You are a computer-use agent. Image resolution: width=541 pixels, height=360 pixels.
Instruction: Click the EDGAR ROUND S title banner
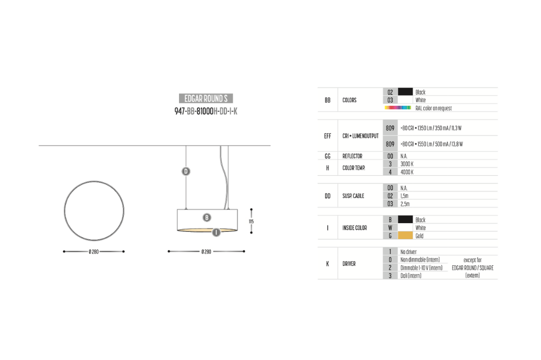[206, 98]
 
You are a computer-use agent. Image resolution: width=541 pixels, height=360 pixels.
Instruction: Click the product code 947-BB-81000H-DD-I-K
[206, 111]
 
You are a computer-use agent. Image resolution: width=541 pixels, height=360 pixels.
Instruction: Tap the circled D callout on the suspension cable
[186, 171]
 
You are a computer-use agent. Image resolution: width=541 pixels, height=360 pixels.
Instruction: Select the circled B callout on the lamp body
[207, 218]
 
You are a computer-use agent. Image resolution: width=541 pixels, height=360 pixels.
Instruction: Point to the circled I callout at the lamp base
[216, 232]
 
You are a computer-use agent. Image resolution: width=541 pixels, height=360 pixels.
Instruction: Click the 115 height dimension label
[251, 222]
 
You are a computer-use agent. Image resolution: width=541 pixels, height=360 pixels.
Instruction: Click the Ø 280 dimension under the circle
[94, 252]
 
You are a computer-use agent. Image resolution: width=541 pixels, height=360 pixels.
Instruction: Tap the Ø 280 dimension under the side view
[206, 252]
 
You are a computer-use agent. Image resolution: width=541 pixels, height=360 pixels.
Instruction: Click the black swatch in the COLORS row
[405, 92]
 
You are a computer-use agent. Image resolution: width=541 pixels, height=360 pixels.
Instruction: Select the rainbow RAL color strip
[398, 108]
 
